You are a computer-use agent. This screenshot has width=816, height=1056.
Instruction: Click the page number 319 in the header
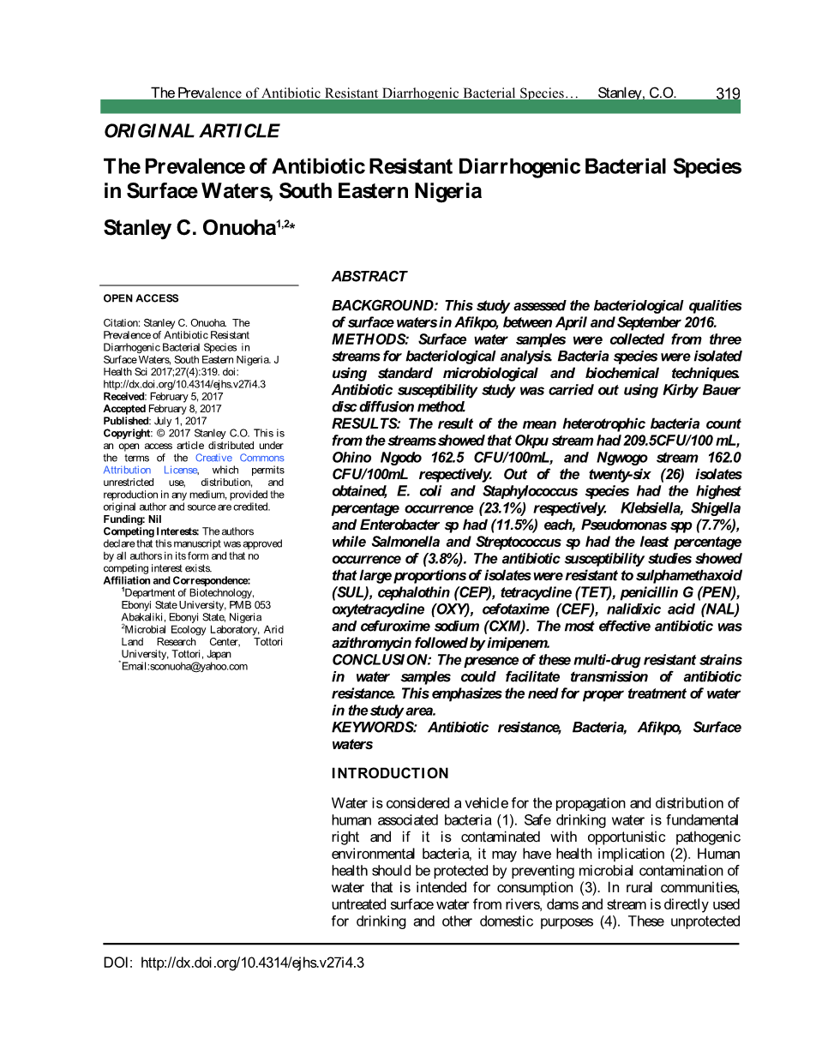pyautogui.click(x=728, y=93)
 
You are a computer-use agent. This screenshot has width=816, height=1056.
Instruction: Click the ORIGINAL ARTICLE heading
pyautogui.click(x=191, y=131)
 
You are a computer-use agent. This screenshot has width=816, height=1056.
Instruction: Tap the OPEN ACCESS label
pyautogui.click(x=141, y=298)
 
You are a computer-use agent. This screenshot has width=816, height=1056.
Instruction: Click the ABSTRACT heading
pyautogui.click(x=369, y=276)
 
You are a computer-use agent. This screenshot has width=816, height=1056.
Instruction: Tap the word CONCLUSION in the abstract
pyautogui.click(x=381, y=660)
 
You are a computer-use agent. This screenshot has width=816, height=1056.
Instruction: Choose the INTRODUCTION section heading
pyautogui.click(x=390, y=773)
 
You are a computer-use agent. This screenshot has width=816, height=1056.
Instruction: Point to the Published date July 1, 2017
pyautogui.click(x=179, y=422)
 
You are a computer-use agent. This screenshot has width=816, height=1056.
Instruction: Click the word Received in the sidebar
pyautogui.click(x=124, y=397)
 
